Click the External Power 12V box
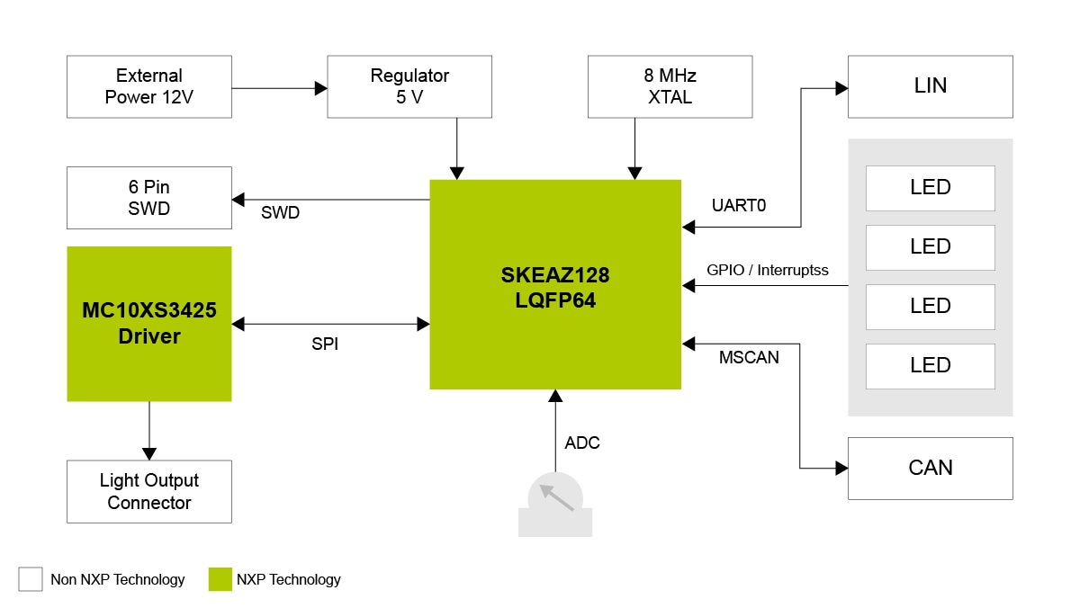(x=149, y=86)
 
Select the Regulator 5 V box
(x=409, y=86)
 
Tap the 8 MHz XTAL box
(x=670, y=86)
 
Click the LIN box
(x=930, y=86)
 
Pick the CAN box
(x=930, y=469)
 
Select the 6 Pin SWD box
(x=149, y=198)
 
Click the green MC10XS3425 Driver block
(x=149, y=324)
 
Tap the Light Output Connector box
(x=149, y=491)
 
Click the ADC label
(x=582, y=443)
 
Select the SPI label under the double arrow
(x=325, y=344)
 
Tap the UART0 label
(x=738, y=206)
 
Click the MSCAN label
(x=749, y=358)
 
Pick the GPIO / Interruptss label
(x=768, y=270)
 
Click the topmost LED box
(x=930, y=188)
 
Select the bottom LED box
(x=930, y=366)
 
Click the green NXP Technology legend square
(x=220, y=579)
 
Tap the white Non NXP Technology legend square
(x=31, y=579)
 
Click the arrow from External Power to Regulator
(x=279, y=88)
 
